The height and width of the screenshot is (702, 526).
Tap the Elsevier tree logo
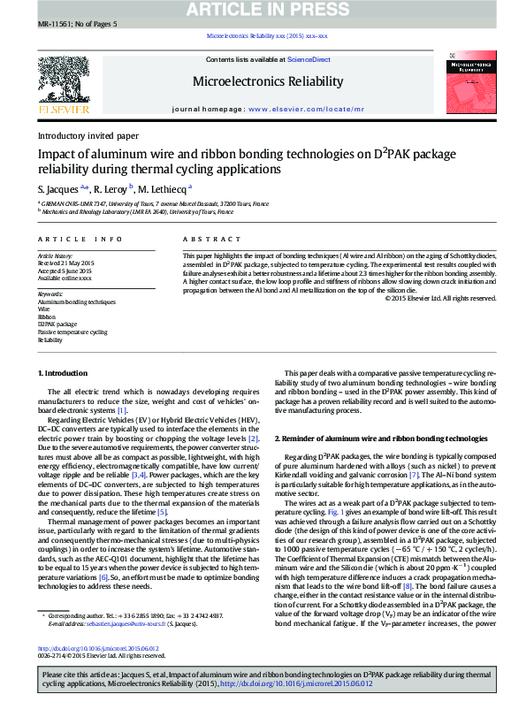[x=63, y=85]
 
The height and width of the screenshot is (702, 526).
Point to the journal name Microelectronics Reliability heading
[x=267, y=81]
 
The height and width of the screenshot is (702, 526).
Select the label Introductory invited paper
[x=88, y=136]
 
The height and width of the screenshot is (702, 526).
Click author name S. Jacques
[x=58, y=188]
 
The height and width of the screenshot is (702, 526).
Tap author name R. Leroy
[x=111, y=188]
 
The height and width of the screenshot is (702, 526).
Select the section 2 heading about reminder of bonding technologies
[x=381, y=439]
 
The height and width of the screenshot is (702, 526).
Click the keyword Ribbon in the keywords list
[x=46, y=316]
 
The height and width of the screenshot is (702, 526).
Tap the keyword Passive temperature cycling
[x=72, y=332]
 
